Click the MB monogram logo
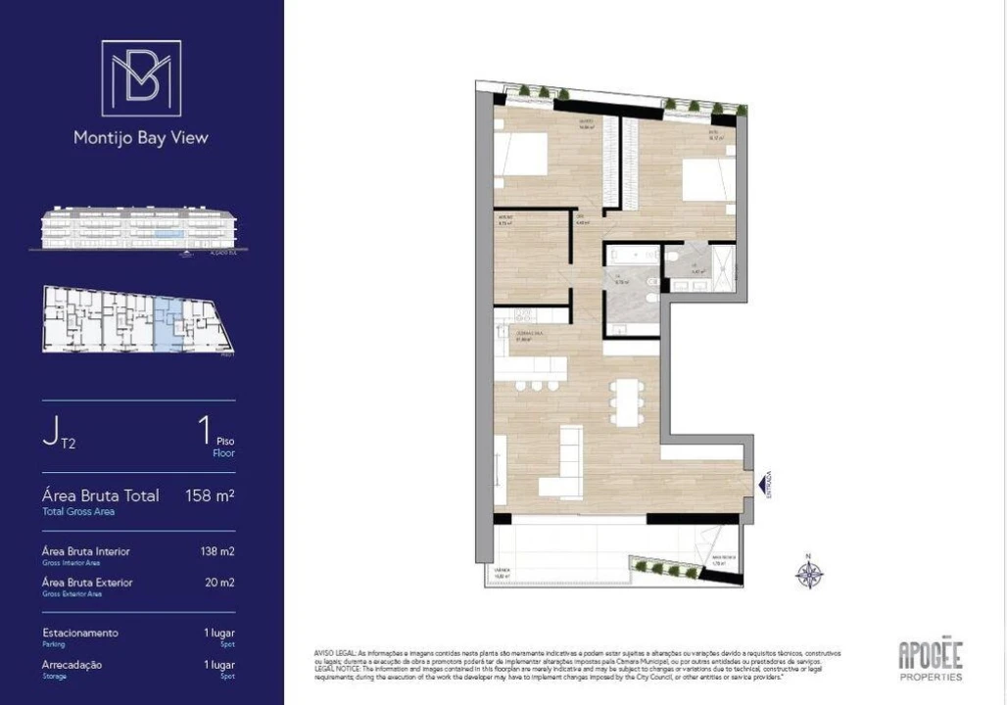click(141, 78)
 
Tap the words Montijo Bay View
click(141, 138)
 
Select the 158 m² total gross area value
click(210, 495)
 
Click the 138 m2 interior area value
click(217, 551)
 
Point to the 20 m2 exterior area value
click(220, 583)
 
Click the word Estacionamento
click(80, 633)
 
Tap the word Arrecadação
click(72, 665)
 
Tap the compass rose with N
click(809, 573)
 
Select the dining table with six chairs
click(626, 401)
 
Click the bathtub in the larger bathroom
click(631, 256)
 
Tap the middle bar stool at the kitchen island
click(537, 385)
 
